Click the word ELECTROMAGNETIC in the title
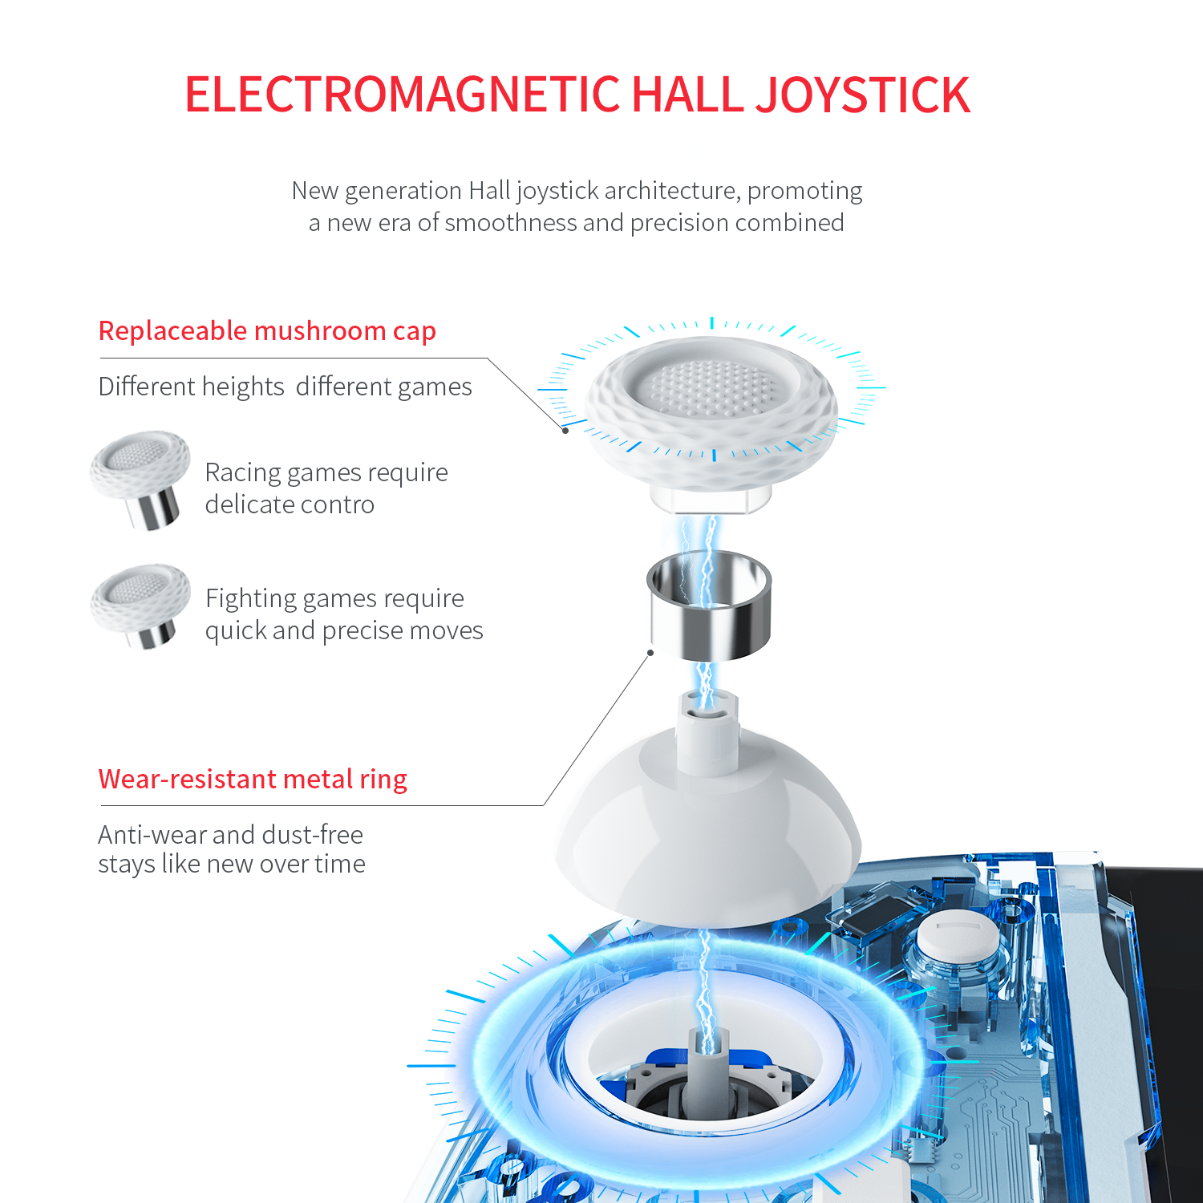(403, 95)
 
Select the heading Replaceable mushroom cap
(267, 331)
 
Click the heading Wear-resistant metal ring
(253, 779)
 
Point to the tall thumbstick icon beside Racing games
(140, 480)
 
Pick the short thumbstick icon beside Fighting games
(140, 606)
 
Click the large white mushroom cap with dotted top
(711, 417)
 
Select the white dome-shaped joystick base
(708, 834)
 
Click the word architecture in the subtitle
(672, 191)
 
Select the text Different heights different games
(286, 387)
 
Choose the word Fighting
(251, 599)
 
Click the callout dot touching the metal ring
(650, 653)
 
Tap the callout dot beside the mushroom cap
(565, 431)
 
